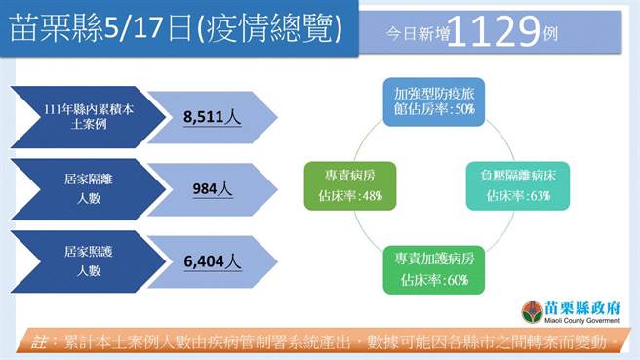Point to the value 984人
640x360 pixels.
(x=213, y=189)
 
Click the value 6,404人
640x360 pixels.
(x=213, y=261)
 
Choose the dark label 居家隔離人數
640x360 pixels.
(x=82, y=189)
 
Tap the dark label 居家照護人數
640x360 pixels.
(x=82, y=261)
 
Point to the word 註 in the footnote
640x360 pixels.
(x=40, y=342)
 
